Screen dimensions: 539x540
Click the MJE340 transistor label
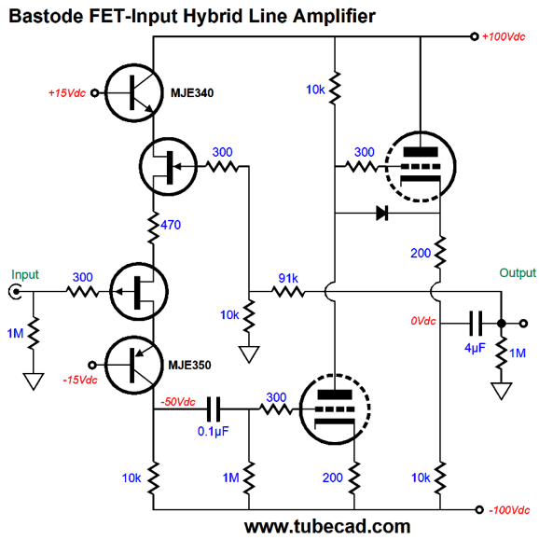point(192,93)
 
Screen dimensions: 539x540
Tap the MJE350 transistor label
point(189,365)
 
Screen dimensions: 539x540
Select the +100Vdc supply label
point(504,37)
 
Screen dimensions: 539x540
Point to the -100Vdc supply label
point(509,510)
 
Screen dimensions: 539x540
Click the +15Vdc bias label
point(67,93)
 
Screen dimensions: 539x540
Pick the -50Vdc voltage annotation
point(178,402)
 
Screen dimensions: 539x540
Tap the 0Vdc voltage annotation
point(423,321)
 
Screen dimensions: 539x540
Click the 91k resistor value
point(288,278)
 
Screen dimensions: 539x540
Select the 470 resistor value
point(171,225)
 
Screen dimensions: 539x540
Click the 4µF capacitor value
point(475,348)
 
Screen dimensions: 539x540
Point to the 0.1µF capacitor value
point(214,432)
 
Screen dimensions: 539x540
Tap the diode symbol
point(382,214)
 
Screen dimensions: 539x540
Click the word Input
point(25,275)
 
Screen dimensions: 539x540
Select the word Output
point(518,273)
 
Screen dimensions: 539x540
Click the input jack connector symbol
point(15,292)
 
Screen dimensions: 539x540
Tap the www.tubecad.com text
point(327,527)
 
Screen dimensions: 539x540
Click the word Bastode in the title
point(46,16)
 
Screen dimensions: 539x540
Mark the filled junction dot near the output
point(502,324)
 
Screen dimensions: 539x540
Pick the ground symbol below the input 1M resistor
point(34,381)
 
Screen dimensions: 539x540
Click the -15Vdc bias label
point(80,381)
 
